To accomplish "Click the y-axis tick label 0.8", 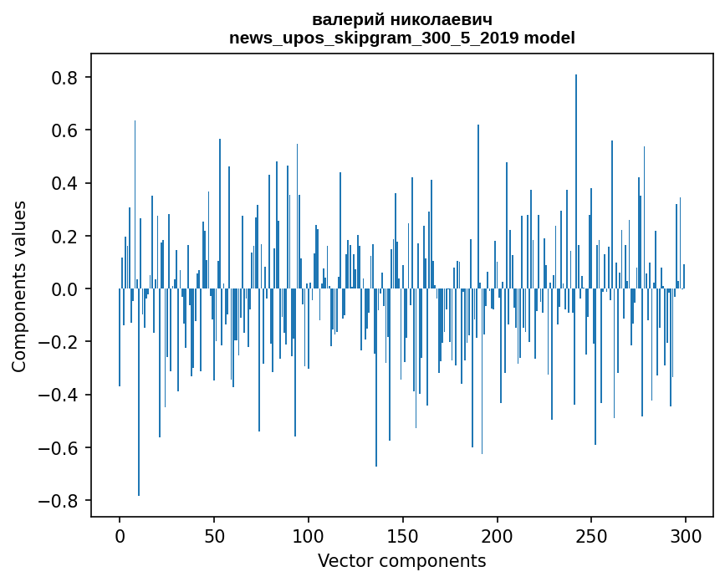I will (67, 78).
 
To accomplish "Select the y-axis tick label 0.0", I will (67, 289).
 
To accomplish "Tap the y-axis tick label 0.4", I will (67, 183).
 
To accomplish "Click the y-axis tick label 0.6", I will (67, 130).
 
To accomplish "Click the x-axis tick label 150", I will (403, 536).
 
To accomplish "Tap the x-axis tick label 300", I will (687, 536).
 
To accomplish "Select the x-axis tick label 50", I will (214, 536).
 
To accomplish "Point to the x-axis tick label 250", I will (592, 536).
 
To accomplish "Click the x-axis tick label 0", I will (120, 536).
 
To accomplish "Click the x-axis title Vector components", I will (402, 560).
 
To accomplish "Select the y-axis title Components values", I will (19, 286).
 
